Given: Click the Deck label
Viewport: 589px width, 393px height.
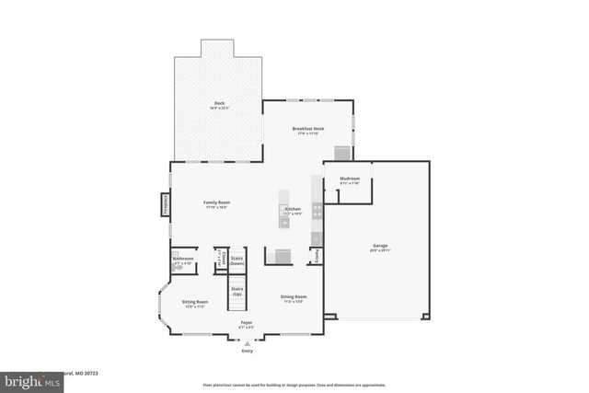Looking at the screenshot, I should tap(219, 103).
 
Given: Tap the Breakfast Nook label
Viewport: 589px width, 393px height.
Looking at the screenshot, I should tap(308, 129).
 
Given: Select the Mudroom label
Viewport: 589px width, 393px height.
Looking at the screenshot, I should tap(350, 179).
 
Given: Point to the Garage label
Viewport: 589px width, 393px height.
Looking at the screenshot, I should tap(379, 246).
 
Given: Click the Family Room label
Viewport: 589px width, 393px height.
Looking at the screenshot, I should tap(216, 202).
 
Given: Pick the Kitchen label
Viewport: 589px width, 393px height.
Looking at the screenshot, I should tap(293, 210).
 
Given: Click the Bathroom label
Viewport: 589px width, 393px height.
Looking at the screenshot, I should tap(183, 259).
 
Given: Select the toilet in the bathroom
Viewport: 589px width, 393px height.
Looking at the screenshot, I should tap(177, 268).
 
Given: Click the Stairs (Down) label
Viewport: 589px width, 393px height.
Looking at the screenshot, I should tap(237, 260).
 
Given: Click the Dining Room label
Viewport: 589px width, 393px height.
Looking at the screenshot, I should tap(293, 297).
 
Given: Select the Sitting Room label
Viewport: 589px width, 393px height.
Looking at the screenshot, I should tap(194, 303).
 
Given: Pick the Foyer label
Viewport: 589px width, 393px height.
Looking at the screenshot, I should tap(247, 323).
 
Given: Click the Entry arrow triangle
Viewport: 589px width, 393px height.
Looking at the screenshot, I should tap(247, 342).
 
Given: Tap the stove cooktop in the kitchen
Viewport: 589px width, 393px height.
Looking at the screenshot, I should tap(317, 210).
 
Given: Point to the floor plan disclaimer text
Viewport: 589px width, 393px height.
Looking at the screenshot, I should tap(294, 384).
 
